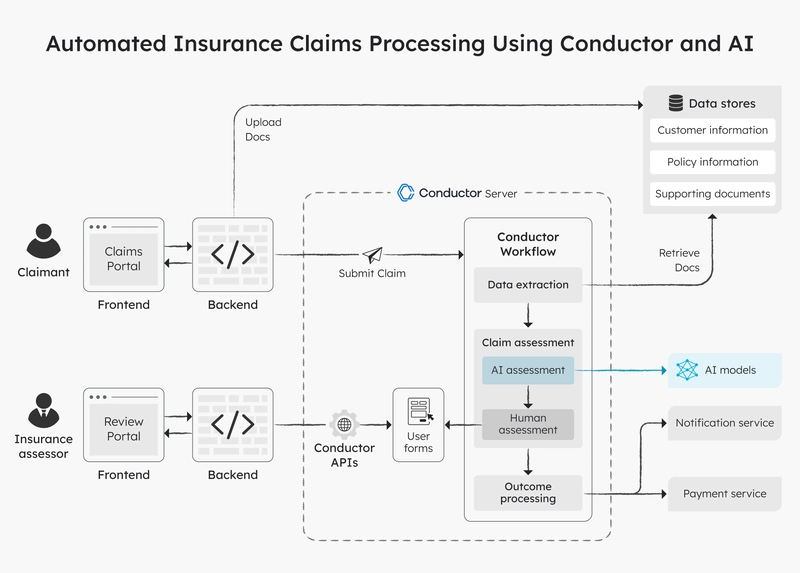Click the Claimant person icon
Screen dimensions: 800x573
point(43,241)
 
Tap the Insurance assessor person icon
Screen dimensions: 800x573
point(43,410)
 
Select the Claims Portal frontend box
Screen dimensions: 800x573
point(123,255)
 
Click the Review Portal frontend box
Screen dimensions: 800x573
point(123,425)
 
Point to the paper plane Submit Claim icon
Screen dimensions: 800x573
point(372,255)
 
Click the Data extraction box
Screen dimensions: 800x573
point(528,285)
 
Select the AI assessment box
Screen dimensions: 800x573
point(528,370)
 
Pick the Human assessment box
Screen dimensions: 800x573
point(528,424)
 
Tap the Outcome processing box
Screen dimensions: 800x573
point(528,492)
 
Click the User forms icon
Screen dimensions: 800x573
point(420,411)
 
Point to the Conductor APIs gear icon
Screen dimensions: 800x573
point(344,425)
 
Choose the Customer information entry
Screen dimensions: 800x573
point(712,130)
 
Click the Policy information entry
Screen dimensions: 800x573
point(712,162)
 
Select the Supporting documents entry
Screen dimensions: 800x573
point(712,194)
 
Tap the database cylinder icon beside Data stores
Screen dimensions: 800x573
point(676,103)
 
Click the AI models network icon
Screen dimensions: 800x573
point(687,370)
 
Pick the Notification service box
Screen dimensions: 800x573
point(724,423)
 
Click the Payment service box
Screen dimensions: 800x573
point(724,494)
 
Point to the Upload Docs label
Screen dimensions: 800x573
point(263,130)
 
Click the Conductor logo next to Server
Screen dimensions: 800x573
point(406,193)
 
